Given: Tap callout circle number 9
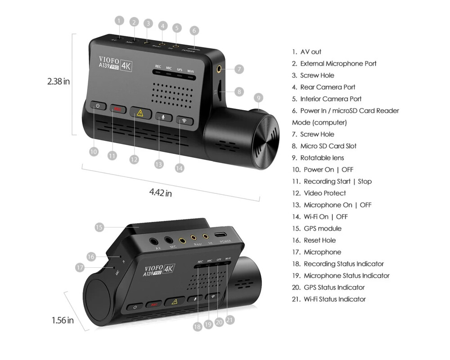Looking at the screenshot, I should pos(258,97).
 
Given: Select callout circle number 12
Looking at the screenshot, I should pos(134,159).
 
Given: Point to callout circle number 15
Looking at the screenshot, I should pos(99,227).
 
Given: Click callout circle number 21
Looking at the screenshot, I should pos(230,320).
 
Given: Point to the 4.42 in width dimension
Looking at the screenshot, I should pos(161,193).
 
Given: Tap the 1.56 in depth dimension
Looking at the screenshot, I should pos(63,320).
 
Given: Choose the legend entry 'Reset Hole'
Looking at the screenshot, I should pos(319,240).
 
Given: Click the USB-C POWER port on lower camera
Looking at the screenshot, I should pos(221,235).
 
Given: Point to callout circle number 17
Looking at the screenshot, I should pos(80,267).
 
